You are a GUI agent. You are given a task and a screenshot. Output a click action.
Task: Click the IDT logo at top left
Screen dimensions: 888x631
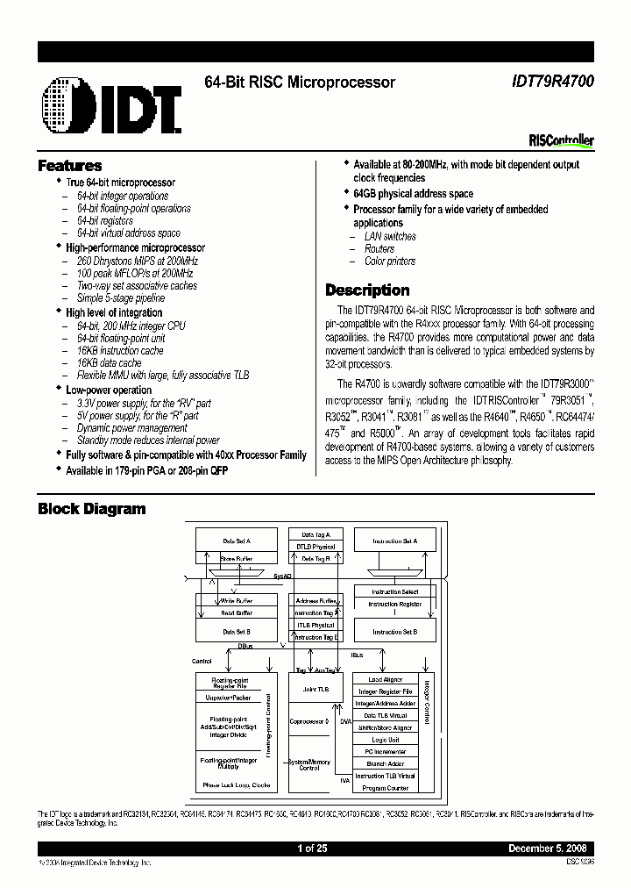110,106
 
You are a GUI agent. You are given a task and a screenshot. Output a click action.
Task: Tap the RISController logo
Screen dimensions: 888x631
562,140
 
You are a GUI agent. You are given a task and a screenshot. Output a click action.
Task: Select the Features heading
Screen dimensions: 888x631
70,166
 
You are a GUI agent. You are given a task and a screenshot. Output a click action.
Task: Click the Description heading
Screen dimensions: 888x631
367,290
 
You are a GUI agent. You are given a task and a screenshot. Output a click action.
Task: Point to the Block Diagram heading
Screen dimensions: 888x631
92,509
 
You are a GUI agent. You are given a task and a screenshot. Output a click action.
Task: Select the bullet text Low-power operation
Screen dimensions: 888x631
109,390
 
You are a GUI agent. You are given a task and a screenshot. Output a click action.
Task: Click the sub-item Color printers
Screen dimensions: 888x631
390,261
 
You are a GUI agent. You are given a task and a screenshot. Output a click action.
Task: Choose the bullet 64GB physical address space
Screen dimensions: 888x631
413,194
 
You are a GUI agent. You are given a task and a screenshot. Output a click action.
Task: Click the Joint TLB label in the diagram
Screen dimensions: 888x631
315,690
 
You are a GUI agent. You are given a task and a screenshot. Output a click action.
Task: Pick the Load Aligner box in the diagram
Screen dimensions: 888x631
385,679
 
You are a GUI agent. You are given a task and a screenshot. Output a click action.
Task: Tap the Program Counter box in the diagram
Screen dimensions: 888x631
385,788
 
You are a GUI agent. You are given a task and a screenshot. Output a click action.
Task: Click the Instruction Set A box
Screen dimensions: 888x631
394,541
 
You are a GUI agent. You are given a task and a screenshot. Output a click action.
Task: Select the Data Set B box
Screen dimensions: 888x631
237,631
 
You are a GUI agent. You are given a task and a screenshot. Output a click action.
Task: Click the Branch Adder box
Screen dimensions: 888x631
385,763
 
